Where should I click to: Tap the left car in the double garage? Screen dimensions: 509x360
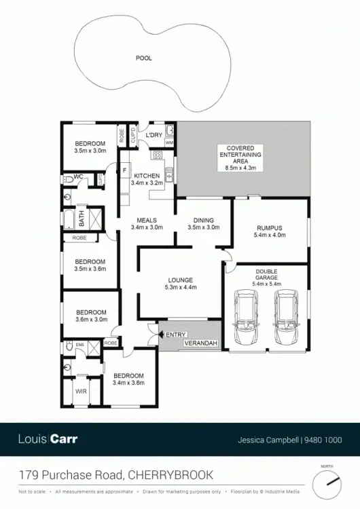pos(245,318)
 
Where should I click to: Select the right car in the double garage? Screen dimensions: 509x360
pos(286,318)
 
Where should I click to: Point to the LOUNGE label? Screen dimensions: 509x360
pos(180,280)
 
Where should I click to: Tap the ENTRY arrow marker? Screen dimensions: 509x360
pos(162,334)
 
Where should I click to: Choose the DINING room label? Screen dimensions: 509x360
pos(203,221)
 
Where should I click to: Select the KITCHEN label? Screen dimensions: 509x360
pos(147,176)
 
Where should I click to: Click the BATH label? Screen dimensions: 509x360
pos(81,219)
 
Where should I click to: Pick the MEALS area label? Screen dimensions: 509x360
pos(147,221)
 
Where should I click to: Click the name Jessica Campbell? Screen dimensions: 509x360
pos(268,439)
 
